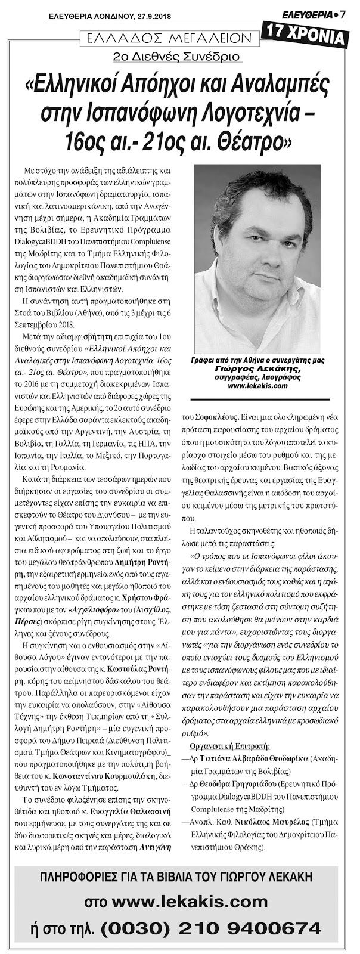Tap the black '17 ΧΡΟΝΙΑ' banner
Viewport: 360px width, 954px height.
305,37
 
